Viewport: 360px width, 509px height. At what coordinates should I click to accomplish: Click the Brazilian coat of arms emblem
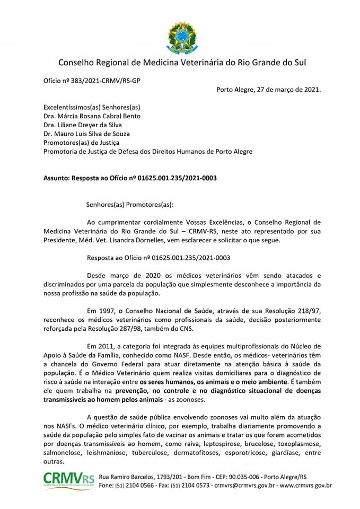[x=182, y=38]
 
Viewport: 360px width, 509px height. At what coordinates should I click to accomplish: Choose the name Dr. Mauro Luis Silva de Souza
[x=86, y=134]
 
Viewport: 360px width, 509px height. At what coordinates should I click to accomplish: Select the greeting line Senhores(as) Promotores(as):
[x=129, y=204]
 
